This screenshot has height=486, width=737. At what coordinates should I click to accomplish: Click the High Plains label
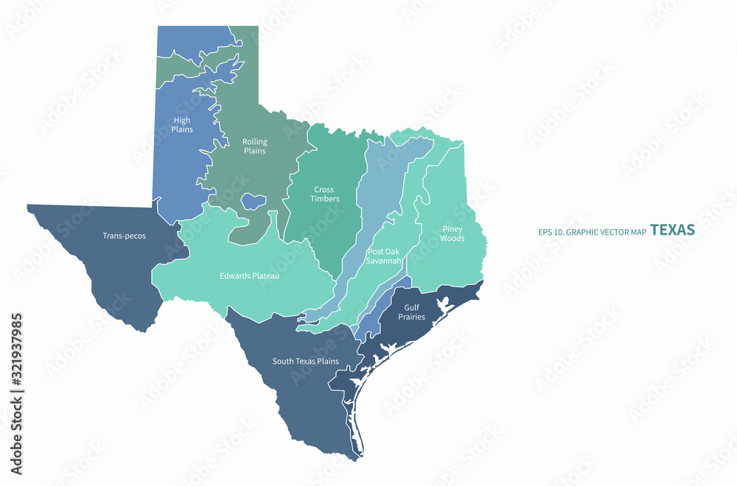pos(182,125)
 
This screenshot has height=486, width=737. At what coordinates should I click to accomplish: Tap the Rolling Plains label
pos(255,146)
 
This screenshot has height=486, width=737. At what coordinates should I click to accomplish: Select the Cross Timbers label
pos(325,194)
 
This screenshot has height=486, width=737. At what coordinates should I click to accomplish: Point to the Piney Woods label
pos(453,233)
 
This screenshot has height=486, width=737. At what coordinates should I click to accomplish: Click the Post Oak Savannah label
pos(384,256)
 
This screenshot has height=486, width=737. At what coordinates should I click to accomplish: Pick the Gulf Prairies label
pos(411,312)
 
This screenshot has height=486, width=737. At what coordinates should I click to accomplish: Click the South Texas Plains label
pos(305,361)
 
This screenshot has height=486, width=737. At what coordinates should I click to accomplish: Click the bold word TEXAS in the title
pos(672,230)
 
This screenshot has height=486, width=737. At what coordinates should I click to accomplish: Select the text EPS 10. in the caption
pos(551,232)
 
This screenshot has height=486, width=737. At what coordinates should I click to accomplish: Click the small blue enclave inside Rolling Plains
pos(254,200)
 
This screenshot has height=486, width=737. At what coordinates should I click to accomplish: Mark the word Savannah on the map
pos(384,261)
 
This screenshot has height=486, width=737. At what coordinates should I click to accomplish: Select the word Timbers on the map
pos(325,199)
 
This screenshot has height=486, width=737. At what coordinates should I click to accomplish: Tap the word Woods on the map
pos(453,238)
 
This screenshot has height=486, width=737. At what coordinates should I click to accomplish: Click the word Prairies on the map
pos(411,317)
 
